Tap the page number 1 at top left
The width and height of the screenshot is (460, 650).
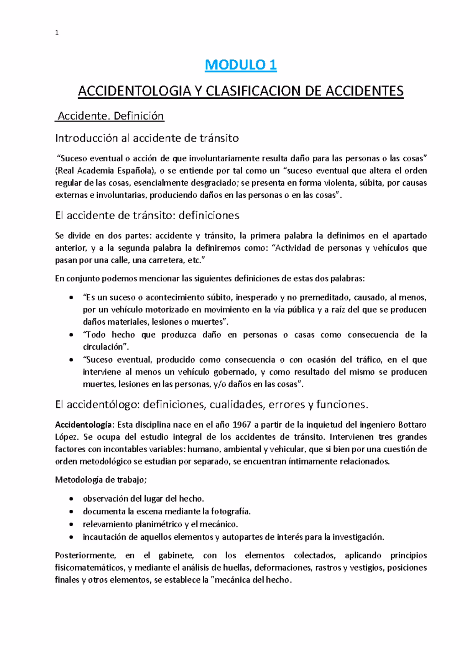point(57,33)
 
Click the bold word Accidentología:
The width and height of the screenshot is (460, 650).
point(85,425)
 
